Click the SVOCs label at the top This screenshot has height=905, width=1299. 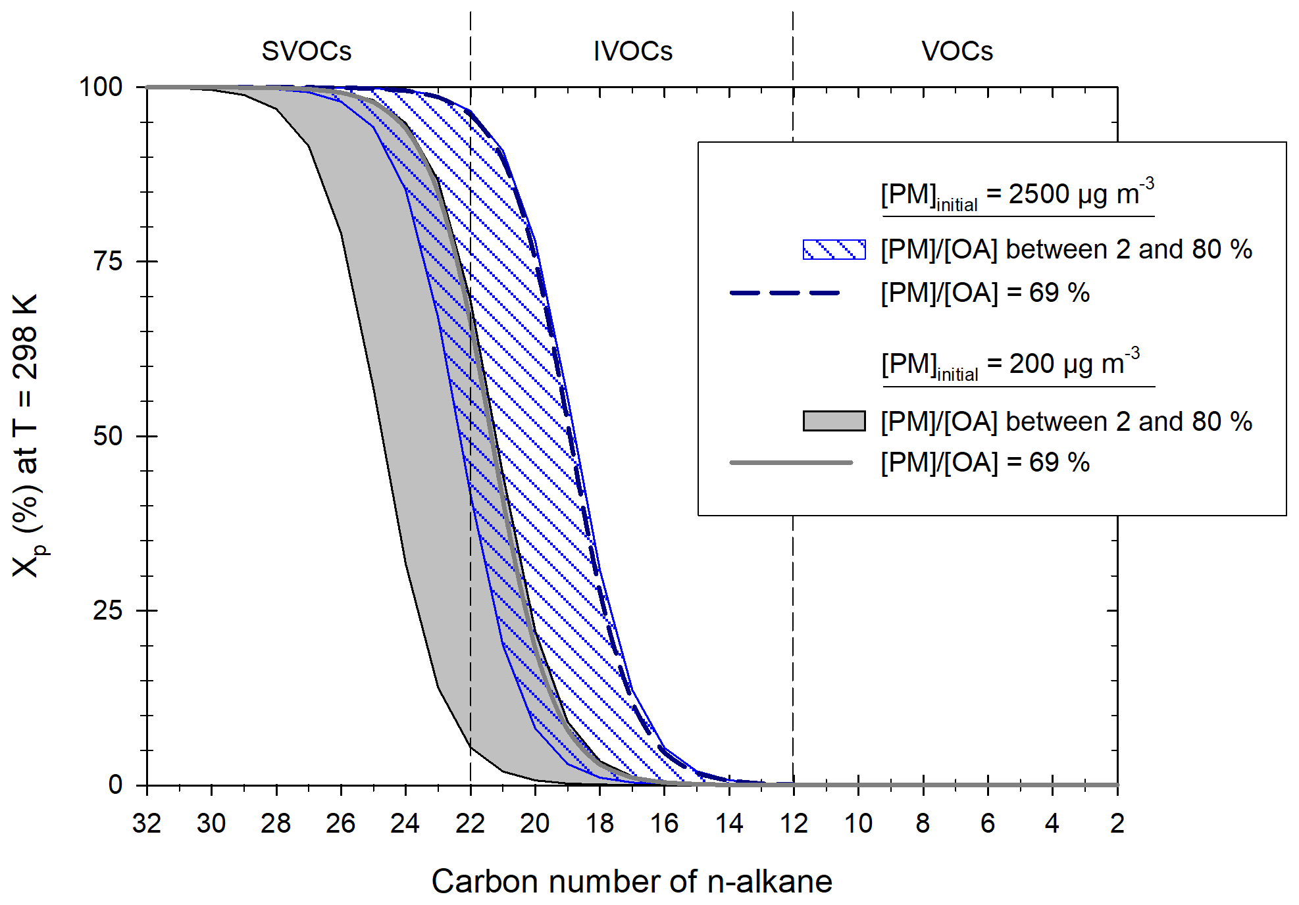[307, 51]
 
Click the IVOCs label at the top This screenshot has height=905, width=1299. [632, 51]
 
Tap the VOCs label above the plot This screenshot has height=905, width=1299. [957, 51]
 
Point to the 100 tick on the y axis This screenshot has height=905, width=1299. [101, 87]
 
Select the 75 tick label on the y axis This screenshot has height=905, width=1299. [108, 262]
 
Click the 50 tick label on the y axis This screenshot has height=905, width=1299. [108, 436]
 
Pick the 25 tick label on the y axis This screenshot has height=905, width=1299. [108, 610]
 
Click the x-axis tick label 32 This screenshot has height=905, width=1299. [146, 823]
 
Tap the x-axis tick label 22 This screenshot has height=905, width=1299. [470, 823]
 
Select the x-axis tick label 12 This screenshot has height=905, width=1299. [793, 823]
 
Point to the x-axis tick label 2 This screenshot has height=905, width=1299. [1117, 823]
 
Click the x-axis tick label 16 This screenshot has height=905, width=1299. [664, 823]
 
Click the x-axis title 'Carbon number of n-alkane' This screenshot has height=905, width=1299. [632, 881]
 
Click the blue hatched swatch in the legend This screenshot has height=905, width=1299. [834, 250]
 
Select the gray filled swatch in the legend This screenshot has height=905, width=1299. [834, 421]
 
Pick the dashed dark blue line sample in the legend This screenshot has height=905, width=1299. [785, 293]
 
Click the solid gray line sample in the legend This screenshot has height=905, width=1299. [791, 462]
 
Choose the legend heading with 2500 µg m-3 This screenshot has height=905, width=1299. [1017, 195]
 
